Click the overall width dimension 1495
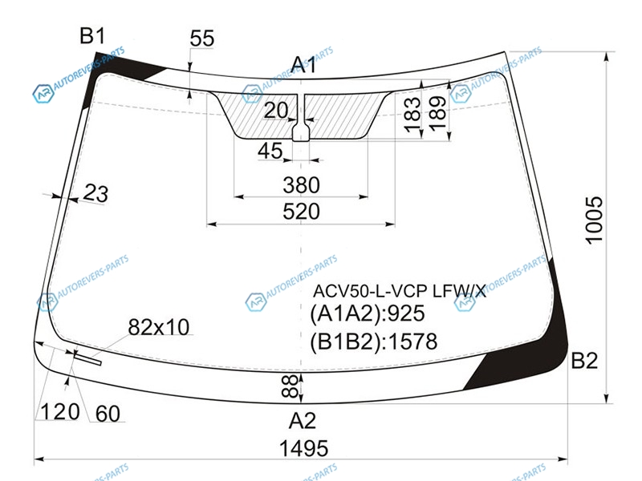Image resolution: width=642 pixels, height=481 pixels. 303,448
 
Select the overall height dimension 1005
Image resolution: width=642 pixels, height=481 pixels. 594,220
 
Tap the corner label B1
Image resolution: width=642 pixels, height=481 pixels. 92,35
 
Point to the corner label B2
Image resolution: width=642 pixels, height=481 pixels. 584,361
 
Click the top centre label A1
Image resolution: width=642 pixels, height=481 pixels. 304,65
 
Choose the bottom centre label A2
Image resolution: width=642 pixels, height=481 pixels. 303,420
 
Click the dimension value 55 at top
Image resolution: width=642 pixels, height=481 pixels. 202,38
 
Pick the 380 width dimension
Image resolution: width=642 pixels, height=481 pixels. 301,185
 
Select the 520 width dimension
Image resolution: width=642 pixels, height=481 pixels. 301,211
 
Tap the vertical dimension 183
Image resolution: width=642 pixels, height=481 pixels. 412,114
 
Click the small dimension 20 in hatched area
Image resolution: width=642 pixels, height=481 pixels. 276,110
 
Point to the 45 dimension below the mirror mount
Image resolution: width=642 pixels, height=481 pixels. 270,151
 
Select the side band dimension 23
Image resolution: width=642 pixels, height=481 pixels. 95,193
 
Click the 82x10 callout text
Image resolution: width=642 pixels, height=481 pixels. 158,327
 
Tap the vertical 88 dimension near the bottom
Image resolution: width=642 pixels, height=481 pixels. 290,386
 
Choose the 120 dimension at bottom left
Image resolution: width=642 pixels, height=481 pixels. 59,411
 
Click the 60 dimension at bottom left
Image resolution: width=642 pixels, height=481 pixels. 108,414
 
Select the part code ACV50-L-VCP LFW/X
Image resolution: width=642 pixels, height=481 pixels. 399,291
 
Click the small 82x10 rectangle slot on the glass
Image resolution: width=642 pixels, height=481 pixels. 87,358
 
